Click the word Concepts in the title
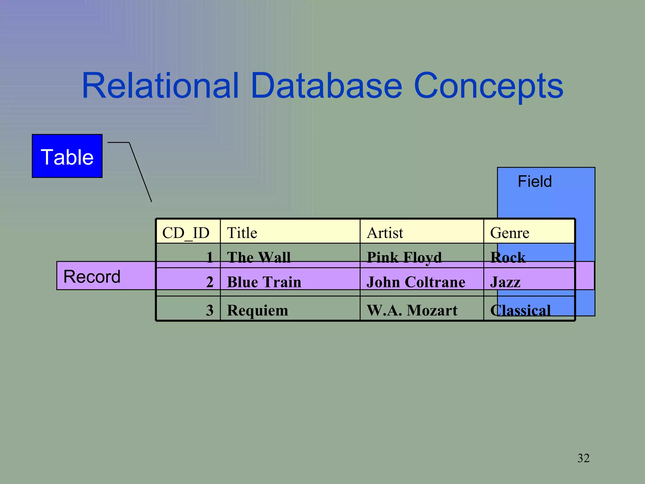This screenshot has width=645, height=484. (x=488, y=86)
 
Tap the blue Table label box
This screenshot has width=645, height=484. (x=67, y=156)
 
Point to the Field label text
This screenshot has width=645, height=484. (x=534, y=181)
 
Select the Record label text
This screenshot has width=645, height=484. (x=92, y=277)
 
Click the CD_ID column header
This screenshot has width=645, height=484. (x=186, y=233)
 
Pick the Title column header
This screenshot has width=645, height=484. (x=242, y=233)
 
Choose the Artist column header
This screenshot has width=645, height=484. (x=385, y=233)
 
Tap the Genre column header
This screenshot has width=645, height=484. (x=510, y=233)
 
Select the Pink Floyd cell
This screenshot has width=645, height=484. (x=404, y=257)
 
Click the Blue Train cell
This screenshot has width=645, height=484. (x=264, y=282)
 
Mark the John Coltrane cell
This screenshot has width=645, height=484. (x=416, y=282)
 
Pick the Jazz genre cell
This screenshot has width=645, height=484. (x=505, y=282)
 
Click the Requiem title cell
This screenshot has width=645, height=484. (x=258, y=310)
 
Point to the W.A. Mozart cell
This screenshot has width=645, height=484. (x=412, y=310)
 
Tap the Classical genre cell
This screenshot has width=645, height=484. (x=520, y=310)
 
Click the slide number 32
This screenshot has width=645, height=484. (x=583, y=458)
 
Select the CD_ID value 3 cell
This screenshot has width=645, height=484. (x=210, y=310)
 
